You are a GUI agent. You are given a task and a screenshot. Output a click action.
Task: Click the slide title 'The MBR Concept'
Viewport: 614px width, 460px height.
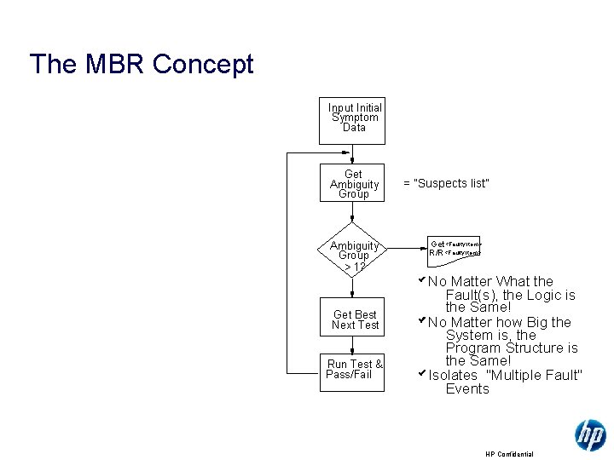(x=142, y=64)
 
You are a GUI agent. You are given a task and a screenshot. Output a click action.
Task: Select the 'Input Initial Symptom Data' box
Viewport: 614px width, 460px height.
(x=354, y=118)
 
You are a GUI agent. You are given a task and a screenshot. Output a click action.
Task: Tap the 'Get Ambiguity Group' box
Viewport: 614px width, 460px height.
(x=354, y=183)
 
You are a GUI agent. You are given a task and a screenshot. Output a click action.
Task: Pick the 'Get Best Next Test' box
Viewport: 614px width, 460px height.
(x=355, y=319)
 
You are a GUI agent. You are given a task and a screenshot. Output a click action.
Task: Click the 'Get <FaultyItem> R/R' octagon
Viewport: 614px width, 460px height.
(x=455, y=248)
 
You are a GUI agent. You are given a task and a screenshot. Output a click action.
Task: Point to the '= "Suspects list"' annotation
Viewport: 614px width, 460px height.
(x=446, y=183)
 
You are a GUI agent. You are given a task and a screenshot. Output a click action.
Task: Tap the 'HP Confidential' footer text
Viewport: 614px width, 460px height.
(x=509, y=454)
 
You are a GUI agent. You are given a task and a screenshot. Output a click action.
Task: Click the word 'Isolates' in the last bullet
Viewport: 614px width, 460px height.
(x=453, y=376)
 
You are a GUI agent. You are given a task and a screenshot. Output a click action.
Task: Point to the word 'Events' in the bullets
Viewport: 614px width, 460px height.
(x=467, y=389)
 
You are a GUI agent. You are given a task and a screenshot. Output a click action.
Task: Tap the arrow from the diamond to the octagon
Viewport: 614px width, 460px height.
(x=404, y=248)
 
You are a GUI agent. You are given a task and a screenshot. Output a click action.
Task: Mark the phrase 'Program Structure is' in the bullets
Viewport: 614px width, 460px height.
(x=512, y=348)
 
